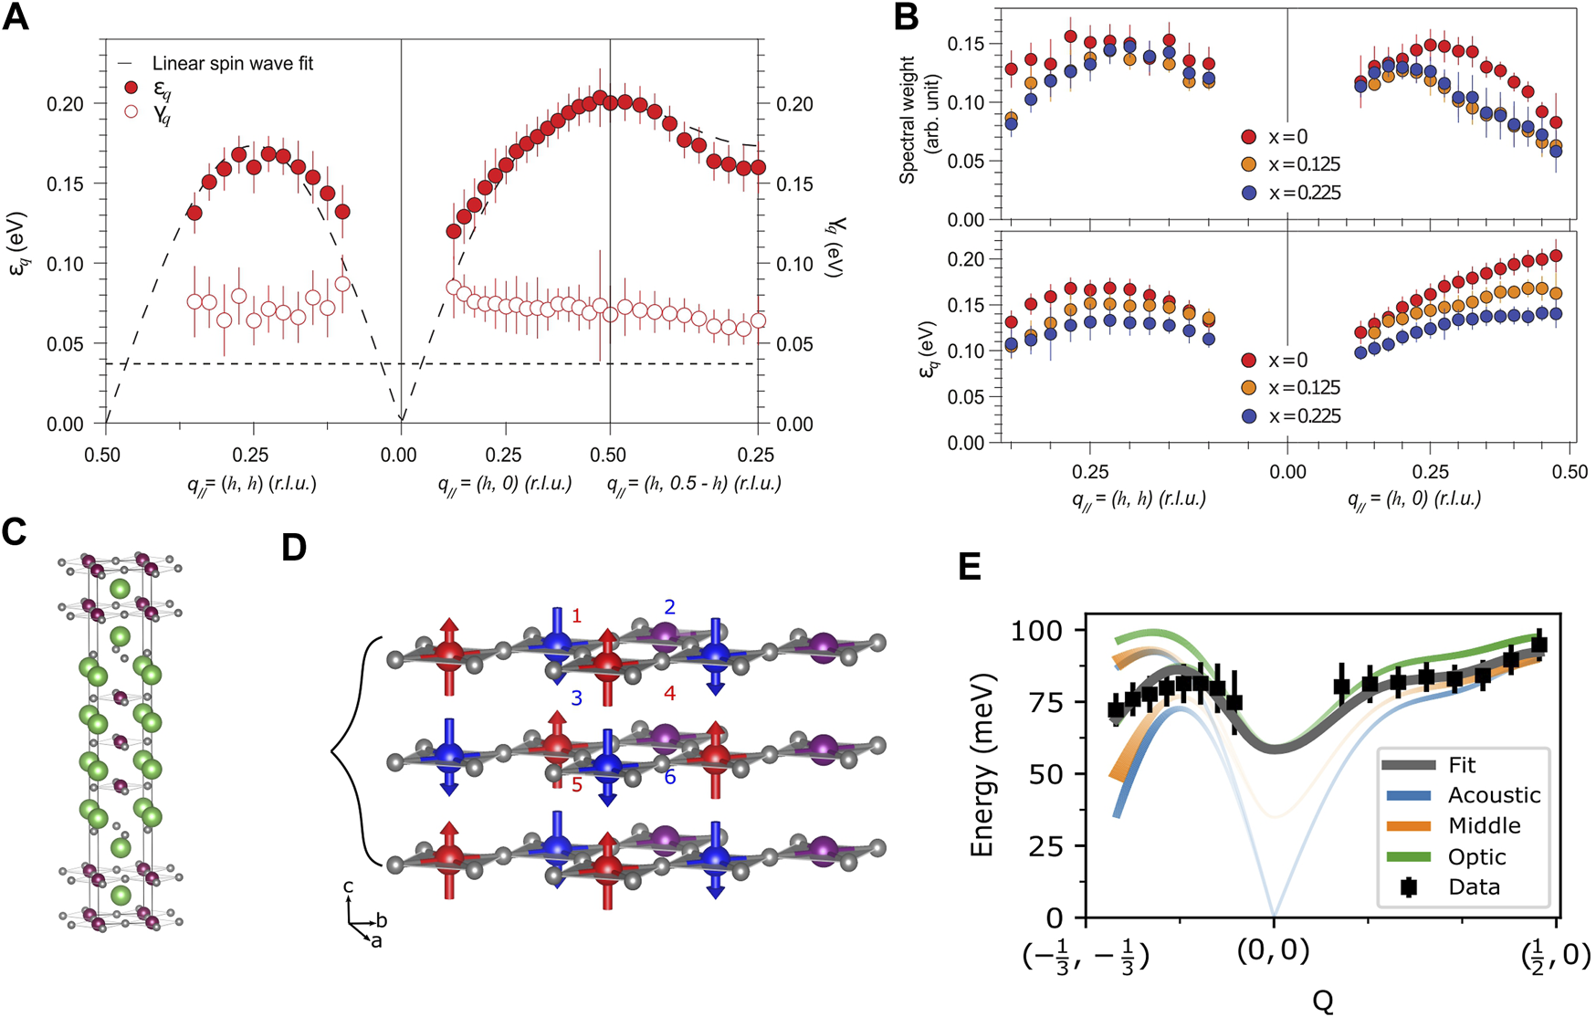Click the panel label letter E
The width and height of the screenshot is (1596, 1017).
[970, 567]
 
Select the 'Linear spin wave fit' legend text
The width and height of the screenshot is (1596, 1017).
[232, 64]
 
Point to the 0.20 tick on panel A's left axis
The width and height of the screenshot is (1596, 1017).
[65, 104]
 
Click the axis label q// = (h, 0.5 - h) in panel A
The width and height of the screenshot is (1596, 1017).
[694, 484]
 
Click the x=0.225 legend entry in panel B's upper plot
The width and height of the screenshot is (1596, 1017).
[1291, 193]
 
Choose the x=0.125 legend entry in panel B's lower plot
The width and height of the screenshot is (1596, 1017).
[1291, 388]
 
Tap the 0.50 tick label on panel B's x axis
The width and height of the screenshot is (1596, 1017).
[1569, 472]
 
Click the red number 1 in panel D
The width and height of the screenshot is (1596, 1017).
[576, 616]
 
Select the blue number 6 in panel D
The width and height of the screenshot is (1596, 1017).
[669, 777]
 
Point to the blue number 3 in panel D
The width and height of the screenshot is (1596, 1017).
[576, 698]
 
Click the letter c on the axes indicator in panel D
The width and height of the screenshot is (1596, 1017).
[348, 886]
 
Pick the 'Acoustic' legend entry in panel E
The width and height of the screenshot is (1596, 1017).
[1494, 795]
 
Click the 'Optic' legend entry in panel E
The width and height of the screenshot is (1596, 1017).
[1476, 856]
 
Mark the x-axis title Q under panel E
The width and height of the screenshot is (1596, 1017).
[1322, 1001]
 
